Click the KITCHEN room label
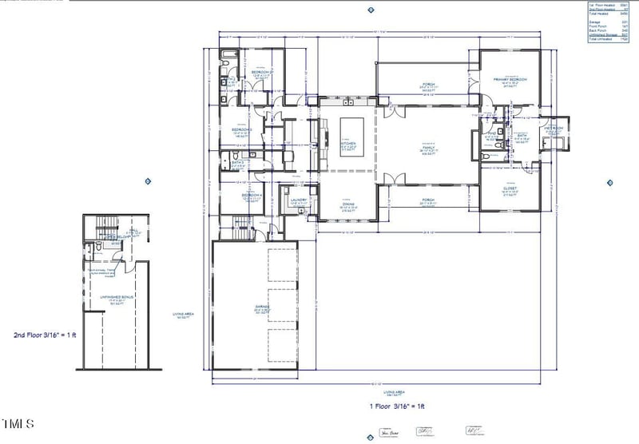click(347, 145)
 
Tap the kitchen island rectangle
click(349, 129)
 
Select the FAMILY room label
click(428, 149)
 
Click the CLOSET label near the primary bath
click(510, 189)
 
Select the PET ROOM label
click(554, 128)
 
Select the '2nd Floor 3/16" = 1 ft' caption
click(49, 335)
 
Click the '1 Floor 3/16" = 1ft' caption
click(397, 406)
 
